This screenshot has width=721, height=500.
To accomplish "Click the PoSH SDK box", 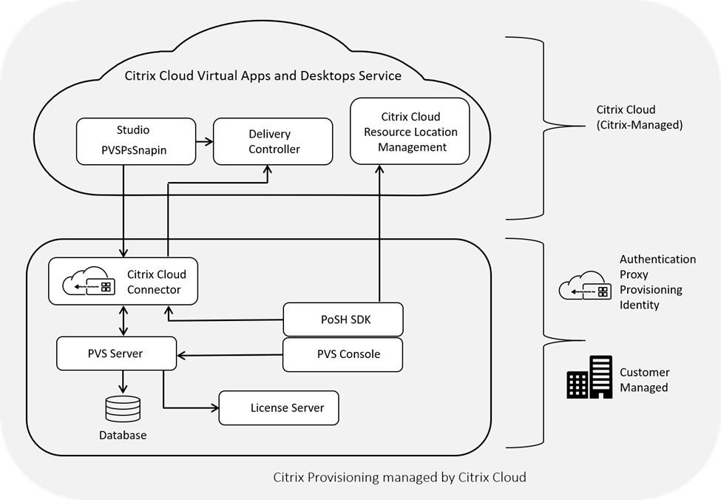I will [x=343, y=319].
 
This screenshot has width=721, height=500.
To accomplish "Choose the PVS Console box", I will [x=343, y=354].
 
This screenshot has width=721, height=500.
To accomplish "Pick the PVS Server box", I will [x=117, y=354].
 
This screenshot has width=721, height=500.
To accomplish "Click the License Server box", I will [x=279, y=408].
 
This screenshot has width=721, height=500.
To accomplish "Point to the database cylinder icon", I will [x=122, y=408].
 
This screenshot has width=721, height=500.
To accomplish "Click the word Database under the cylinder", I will [x=123, y=436].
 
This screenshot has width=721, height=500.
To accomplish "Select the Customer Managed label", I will [x=645, y=380].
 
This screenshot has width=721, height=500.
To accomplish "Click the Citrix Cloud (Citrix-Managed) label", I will [x=639, y=118].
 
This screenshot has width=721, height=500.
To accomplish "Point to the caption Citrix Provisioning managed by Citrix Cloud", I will [x=400, y=477].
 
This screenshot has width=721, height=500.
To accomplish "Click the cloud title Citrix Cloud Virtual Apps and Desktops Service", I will [x=262, y=75].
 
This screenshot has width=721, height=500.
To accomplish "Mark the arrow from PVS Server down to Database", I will [x=123, y=381].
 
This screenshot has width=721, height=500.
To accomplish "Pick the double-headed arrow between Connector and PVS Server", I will [x=123, y=320].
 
